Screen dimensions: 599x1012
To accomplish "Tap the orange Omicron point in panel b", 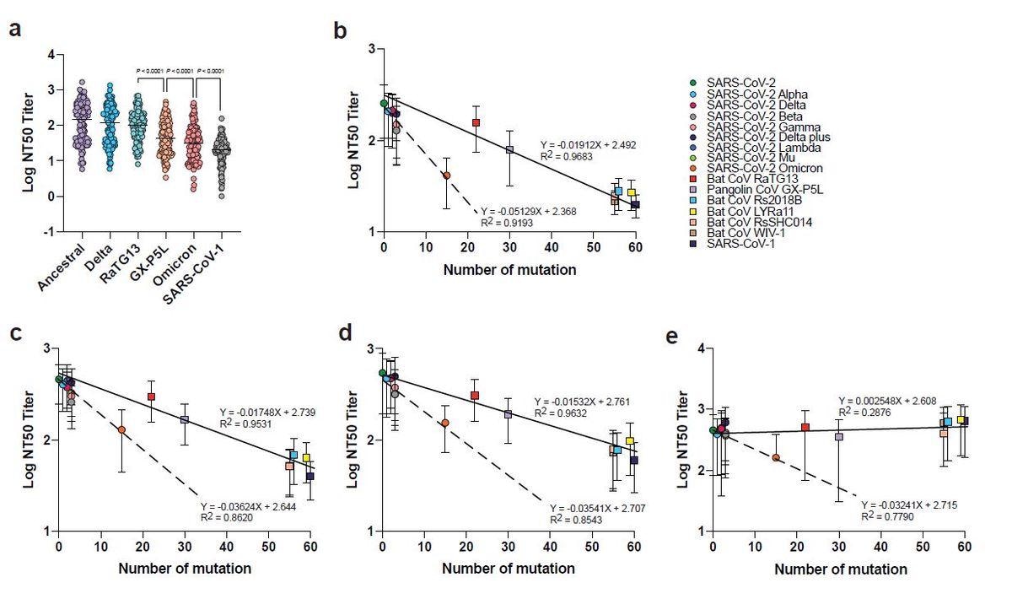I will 446,175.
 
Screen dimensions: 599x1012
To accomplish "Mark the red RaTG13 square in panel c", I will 151,397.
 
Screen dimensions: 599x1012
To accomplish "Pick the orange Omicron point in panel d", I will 444,423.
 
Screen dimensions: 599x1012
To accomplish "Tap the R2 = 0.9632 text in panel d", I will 563,413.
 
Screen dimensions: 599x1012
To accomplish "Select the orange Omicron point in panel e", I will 775,457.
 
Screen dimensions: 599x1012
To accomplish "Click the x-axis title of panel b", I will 510,271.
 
